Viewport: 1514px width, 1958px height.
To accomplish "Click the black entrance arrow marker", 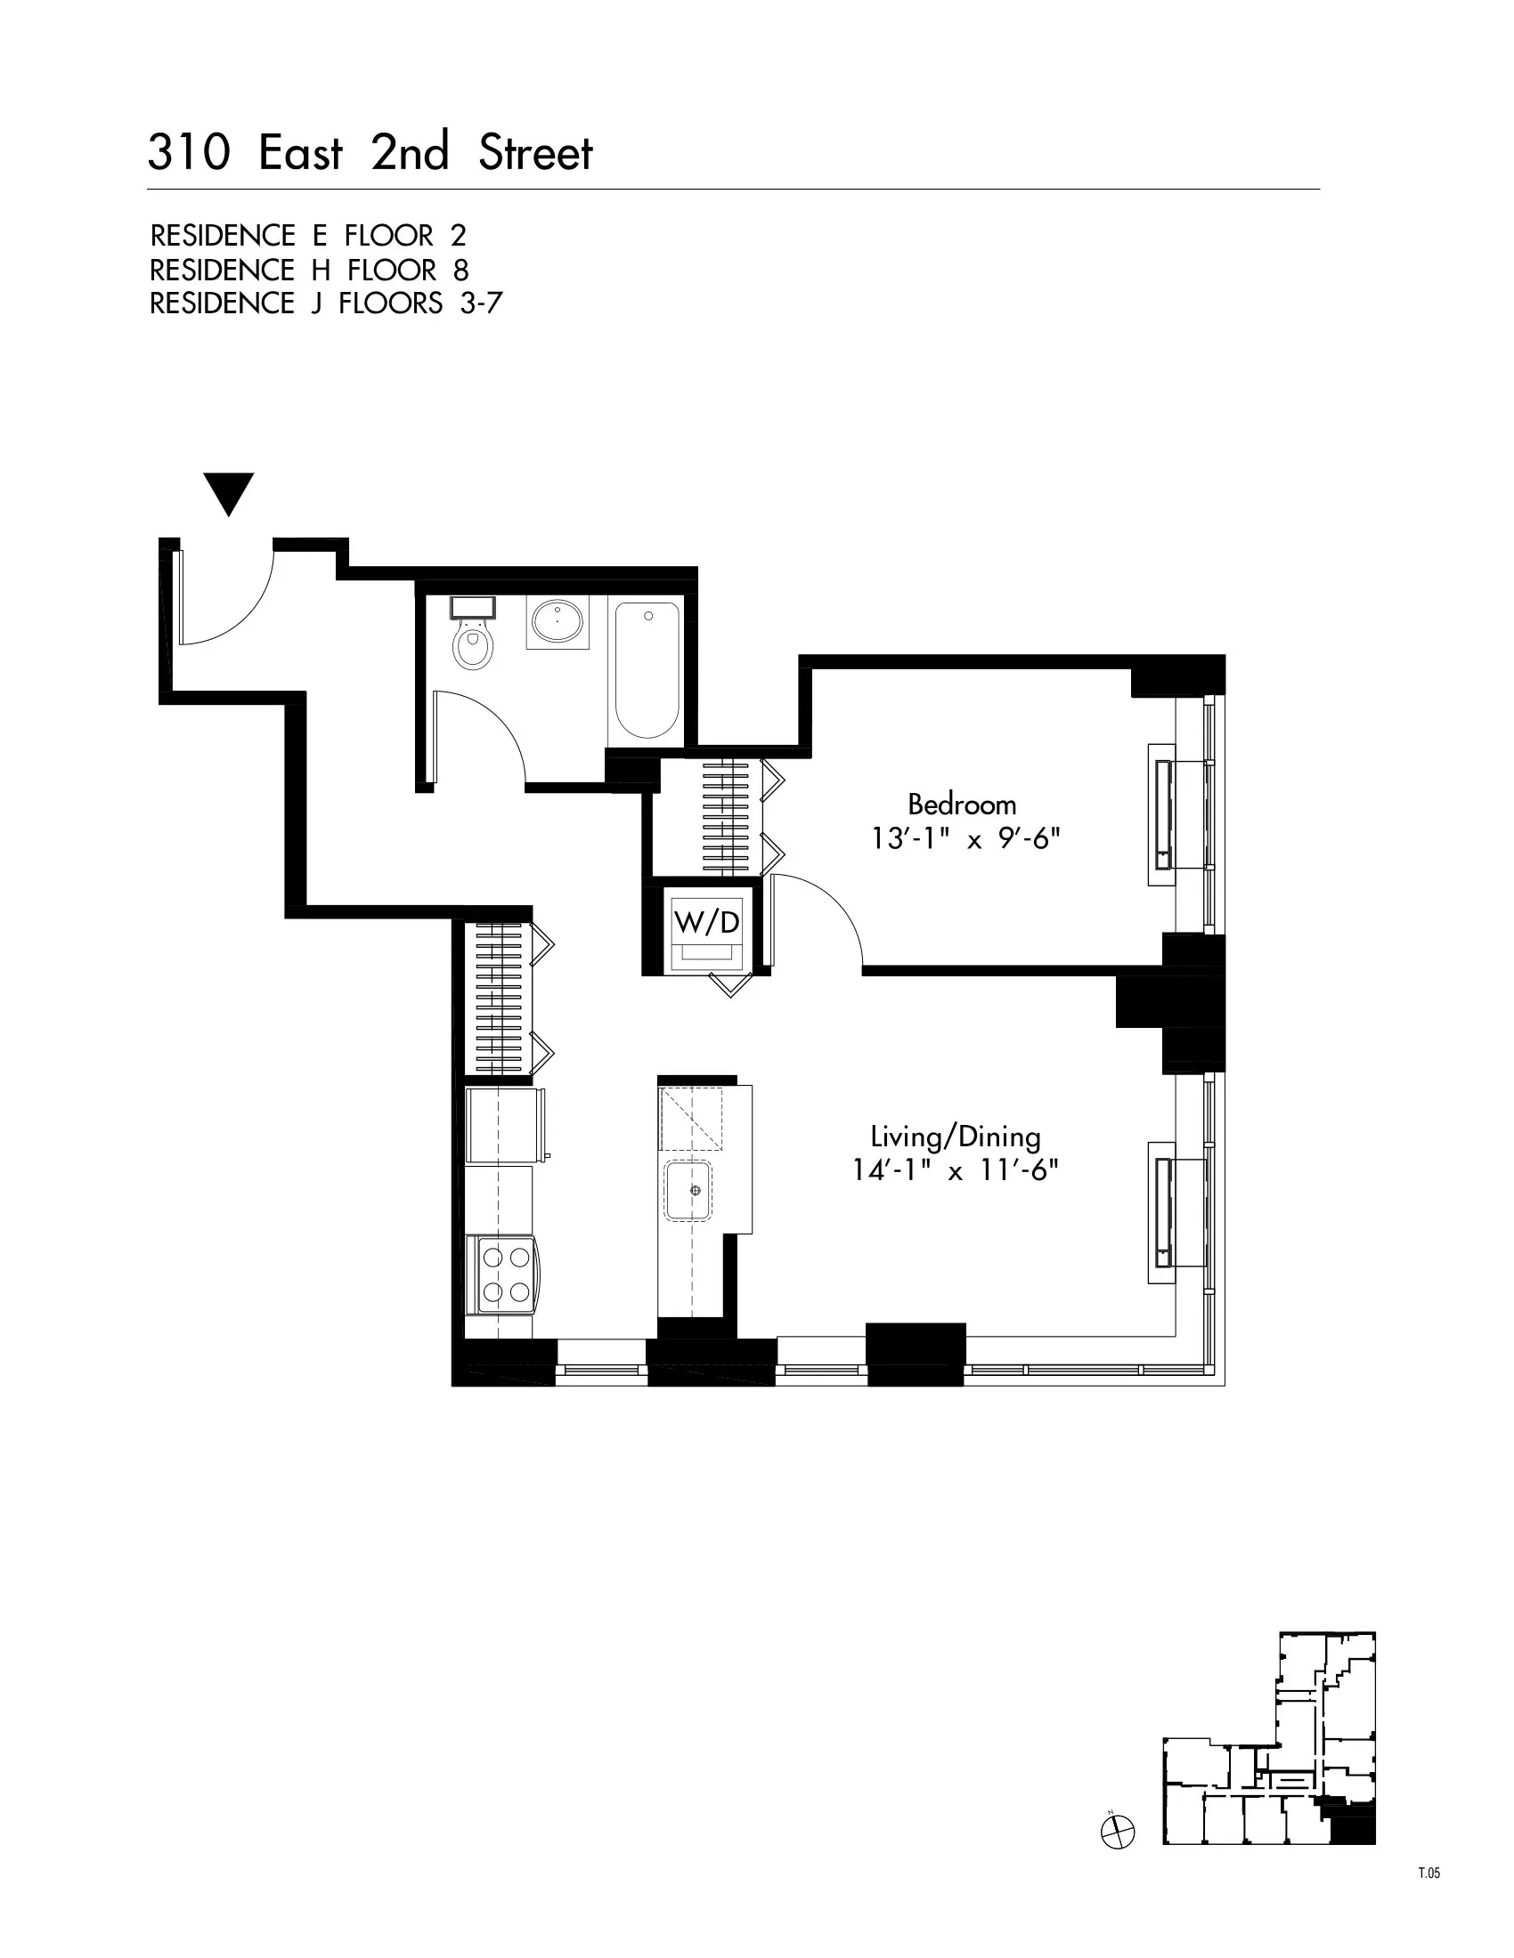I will tap(229, 493).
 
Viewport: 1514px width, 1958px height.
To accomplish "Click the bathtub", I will tap(647, 669).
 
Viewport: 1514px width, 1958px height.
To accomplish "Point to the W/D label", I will tap(707, 922).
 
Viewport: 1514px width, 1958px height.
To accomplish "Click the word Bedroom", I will tap(962, 804).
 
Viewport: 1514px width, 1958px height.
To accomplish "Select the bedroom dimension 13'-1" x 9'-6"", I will tap(965, 839).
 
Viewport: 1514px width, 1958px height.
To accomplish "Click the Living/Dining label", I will tap(956, 1137).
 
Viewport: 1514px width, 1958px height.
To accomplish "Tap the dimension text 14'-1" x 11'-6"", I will tap(956, 1171).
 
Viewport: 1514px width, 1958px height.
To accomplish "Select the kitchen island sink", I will tap(688, 1191).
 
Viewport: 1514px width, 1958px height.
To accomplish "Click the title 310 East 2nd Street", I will tap(370, 153).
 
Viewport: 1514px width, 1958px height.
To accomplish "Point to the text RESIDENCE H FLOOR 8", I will tap(308, 270).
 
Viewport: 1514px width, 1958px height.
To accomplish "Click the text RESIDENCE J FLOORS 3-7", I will tap(325, 303).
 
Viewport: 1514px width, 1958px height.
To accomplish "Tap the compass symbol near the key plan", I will tap(1117, 1832).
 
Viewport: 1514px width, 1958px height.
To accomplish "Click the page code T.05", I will tap(1429, 1873).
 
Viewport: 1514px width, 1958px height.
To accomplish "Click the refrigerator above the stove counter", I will tap(504, 1125).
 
